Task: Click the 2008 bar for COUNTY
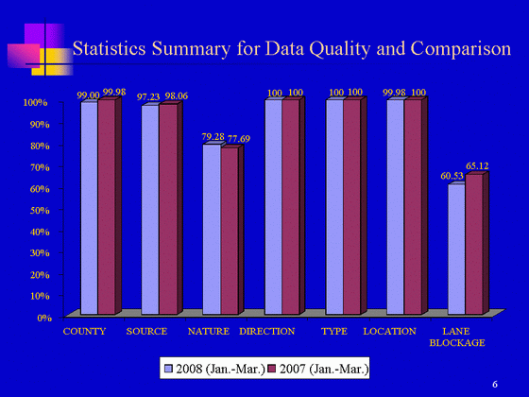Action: point(90,208)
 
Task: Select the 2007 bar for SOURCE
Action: point(168,209)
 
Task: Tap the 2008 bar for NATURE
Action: point(212,230)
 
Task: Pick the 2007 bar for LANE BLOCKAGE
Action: point(474,245)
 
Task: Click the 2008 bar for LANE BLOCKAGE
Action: point(457,250)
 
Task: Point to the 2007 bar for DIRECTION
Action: point(291,207)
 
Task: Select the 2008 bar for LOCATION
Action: point(396,207)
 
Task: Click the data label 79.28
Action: point(213,137)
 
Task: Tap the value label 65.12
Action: point(477,165)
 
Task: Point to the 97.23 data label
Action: point(148,96)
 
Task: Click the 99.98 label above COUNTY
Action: point(114,92)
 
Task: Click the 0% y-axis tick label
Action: point(44,318)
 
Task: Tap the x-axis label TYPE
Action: point(334,331)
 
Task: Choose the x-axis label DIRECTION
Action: point(266,331)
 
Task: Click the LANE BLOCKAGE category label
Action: point(457,337)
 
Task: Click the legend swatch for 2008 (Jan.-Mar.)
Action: point(168,369)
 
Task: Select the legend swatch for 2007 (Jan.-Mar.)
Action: point(271,369)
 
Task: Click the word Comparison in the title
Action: point(461,48)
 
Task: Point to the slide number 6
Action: point(495,384)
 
